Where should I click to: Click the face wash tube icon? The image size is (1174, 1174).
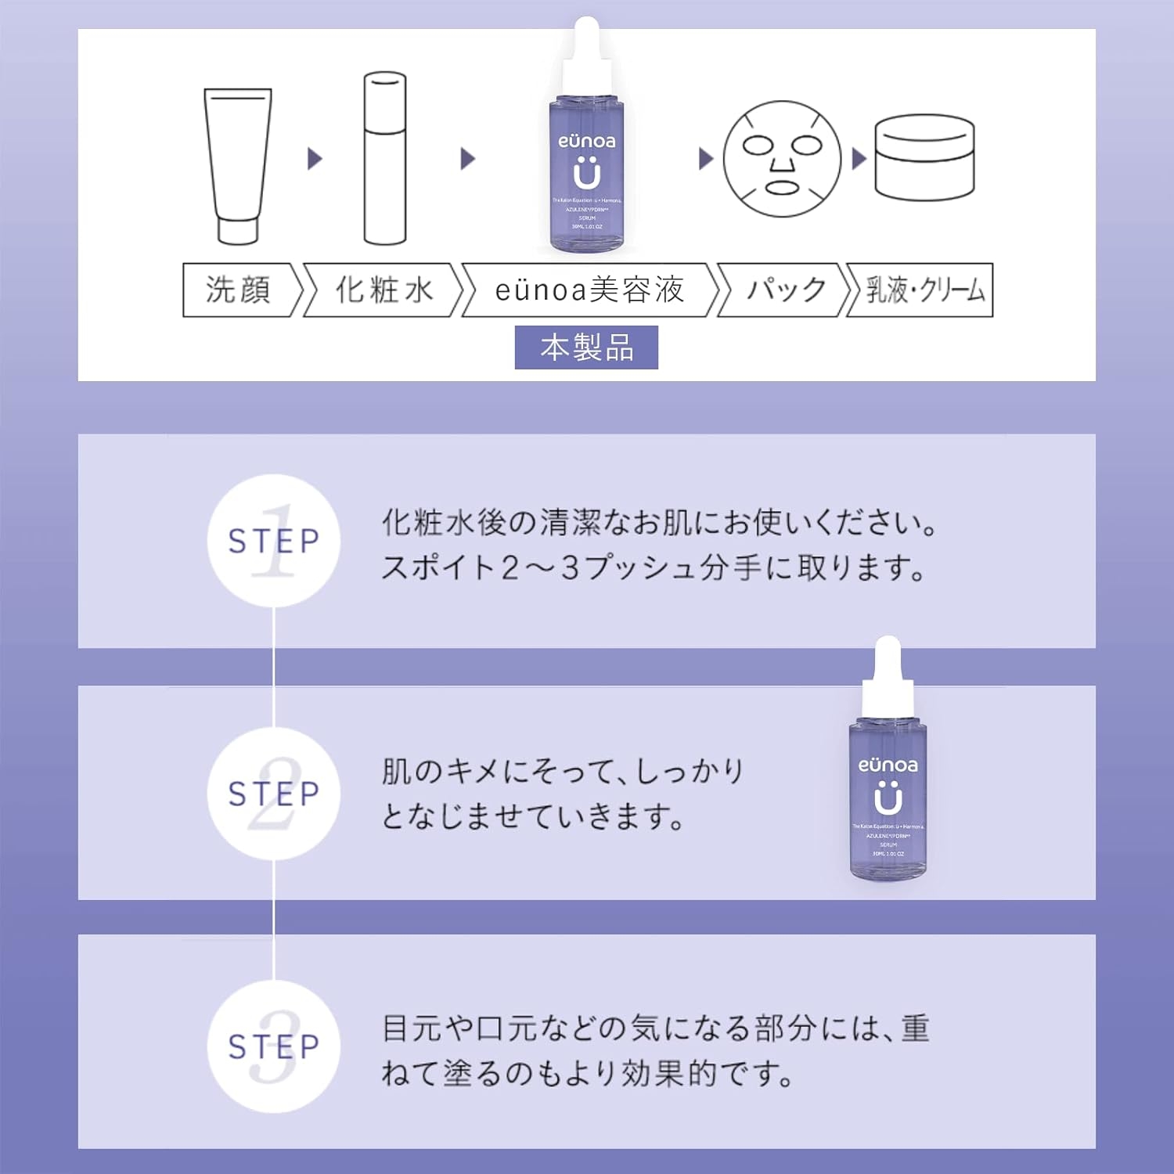237,165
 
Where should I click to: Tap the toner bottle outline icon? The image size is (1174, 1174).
385,159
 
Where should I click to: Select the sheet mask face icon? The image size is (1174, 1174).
781,159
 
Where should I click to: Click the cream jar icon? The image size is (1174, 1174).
924,158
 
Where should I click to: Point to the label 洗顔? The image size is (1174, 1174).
239,290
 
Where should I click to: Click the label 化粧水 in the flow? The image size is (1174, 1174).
384,290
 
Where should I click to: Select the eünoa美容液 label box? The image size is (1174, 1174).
589,290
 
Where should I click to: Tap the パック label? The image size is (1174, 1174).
785,290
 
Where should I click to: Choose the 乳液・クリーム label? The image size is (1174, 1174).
924,290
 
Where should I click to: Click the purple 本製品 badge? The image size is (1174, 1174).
586,348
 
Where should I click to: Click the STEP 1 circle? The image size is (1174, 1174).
273,541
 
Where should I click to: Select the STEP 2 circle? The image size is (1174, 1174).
273,794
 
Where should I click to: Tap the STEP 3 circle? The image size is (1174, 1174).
273,1046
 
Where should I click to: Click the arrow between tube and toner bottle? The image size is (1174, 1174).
315,159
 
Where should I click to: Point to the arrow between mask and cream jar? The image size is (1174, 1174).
859,159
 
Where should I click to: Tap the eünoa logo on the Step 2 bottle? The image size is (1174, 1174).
888,765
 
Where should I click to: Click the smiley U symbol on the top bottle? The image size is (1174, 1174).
587,174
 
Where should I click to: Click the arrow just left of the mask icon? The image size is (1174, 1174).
705,159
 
